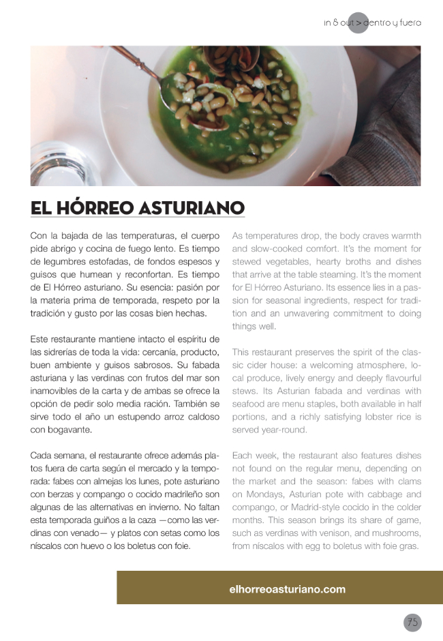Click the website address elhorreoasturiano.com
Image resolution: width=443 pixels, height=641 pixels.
click(287, 589)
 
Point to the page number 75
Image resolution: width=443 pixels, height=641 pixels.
click(412, 622)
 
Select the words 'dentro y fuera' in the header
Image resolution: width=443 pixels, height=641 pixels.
click(392, 23)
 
